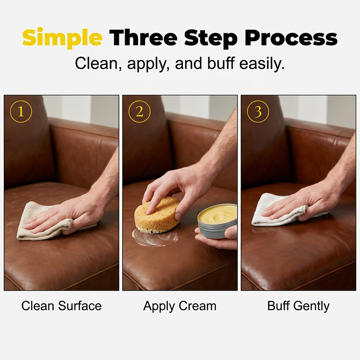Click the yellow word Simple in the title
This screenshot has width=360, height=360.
[x=62, y=37]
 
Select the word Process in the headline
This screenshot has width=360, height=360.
[x=291, y=38]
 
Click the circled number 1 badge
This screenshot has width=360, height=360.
[x=21, y=112]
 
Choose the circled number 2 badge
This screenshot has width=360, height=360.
[x=139, y=112]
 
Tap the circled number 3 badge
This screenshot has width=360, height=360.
[x=258, y=112]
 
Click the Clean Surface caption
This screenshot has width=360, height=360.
[x=62, y=306]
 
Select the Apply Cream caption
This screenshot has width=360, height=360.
[x=180, y=306]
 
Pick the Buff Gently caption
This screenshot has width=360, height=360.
[x=298, y=306]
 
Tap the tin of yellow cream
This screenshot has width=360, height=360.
[x=217, y=221]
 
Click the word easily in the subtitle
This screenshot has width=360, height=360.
[x=262, y=63]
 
